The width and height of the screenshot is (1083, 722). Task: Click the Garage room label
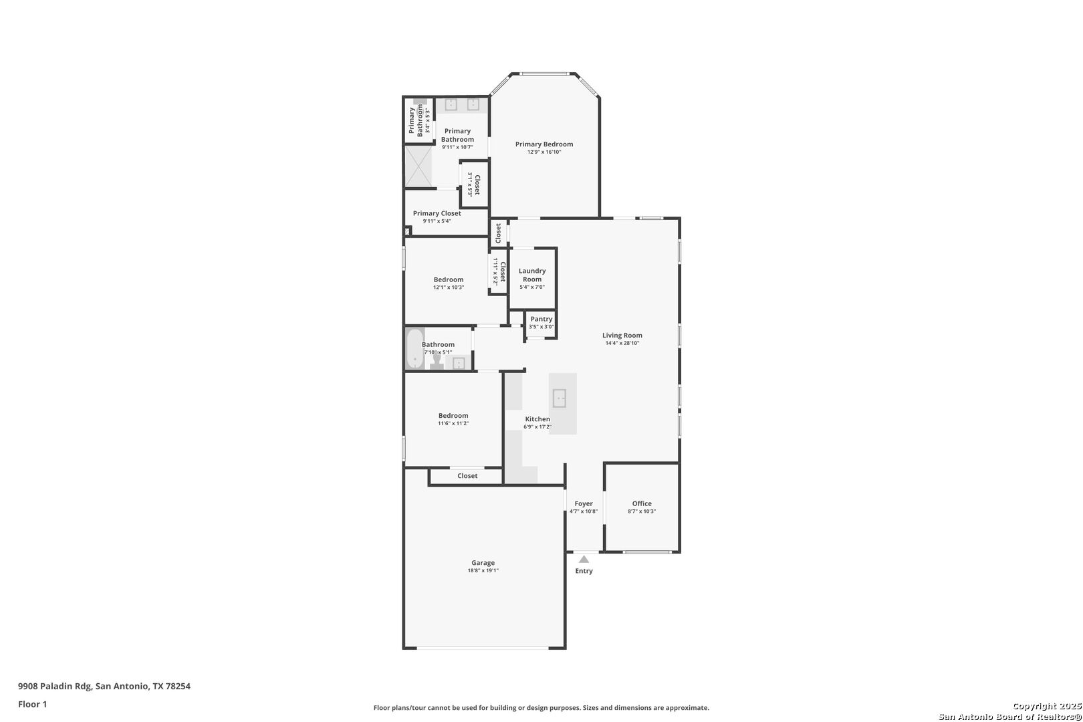(483, 562)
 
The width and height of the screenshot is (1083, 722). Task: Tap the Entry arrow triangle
(584, 560)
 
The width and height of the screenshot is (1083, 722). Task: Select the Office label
(642, 503)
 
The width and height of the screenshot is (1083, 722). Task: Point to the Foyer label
(584, 503)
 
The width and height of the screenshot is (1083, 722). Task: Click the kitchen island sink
(560, 398)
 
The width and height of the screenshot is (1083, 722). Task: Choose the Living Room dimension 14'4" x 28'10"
(622, 344)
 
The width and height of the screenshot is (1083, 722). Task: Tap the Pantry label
(541, 319)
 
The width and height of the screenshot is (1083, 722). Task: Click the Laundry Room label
(532, 275)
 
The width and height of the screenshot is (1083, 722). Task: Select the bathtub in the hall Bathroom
(415, 348)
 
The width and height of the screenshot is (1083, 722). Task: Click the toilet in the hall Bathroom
(437, 361)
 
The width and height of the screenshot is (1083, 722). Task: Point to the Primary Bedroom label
(544, 144)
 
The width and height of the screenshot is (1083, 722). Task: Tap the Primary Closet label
(437, 213)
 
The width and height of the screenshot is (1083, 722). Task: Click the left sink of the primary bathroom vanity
(451, 104)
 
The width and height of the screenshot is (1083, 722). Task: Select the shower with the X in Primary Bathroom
(418, 166)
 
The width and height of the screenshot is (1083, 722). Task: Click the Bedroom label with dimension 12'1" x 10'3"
(449, 279)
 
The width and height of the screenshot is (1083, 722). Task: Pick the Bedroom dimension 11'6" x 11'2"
(453, 424)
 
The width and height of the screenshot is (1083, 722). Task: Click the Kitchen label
(537, 418)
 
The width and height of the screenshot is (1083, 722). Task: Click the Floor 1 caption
(32, 704)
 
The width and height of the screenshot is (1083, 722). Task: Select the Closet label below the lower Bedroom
(467, 476)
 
